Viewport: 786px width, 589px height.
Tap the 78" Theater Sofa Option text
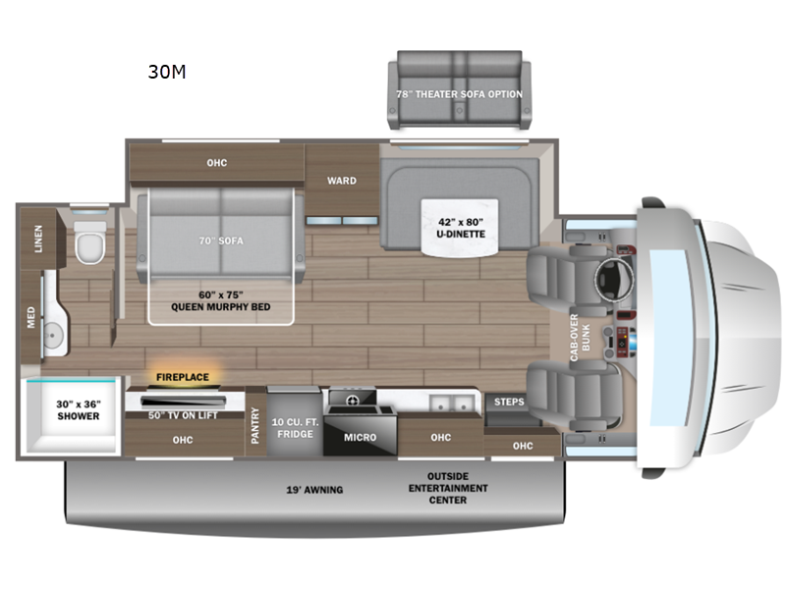point(459,94)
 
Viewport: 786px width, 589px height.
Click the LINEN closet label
point(38,240)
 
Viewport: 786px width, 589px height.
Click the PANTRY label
point(255,424)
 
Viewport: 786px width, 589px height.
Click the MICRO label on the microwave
point(360,437)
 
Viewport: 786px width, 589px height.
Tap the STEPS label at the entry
point(509,402)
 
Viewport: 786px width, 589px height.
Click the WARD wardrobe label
point(342,181)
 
